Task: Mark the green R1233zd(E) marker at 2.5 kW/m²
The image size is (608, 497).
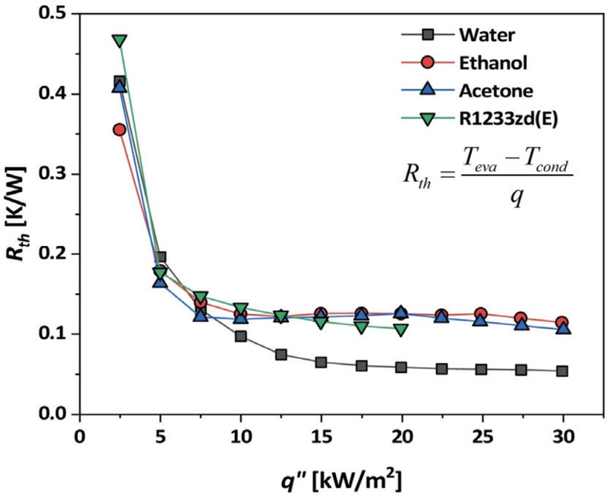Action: [x=119, y=40]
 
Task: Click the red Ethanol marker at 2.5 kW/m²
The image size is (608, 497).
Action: [x=119, y=129]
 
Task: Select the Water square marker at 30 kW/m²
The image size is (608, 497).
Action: [x=562, y=371]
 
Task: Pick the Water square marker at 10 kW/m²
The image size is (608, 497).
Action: [x=240, y=336]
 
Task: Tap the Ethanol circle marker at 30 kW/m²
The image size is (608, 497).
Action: [x=562, y=323]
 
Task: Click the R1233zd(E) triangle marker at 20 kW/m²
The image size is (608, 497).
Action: [x=401, y=330]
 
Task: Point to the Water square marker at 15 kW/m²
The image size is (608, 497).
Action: [x=321, y=362]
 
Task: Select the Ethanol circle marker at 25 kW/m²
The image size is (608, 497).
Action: [x=481, y=314]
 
